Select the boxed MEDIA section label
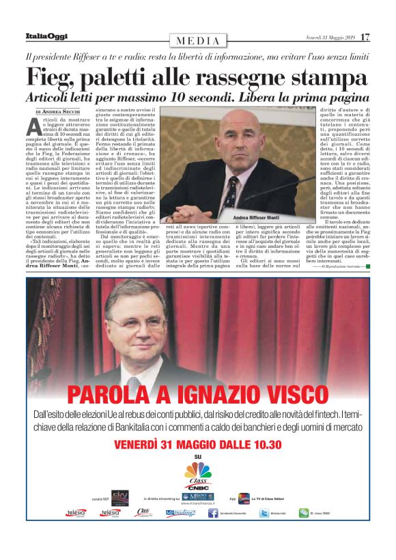[198, 41]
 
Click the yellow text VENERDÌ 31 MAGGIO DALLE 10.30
[198, 445]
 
